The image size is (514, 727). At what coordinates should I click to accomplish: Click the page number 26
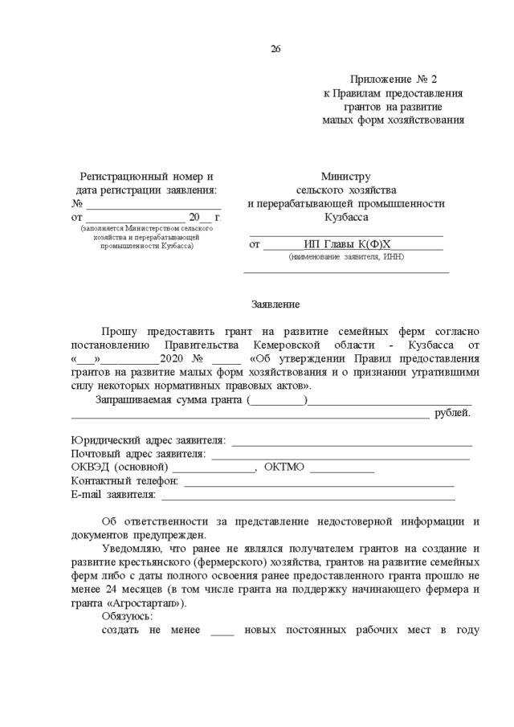click(275, 49)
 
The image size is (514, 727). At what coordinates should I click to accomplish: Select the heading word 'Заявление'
click(275, 305)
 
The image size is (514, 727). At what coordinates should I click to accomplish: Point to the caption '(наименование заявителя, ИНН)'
click(346, 257)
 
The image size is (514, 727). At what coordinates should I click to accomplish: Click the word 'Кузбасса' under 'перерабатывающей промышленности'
click(346, 218)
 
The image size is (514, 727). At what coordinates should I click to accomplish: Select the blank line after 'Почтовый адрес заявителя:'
click(341, 456)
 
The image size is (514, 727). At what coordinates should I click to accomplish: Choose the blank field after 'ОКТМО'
click(341, 470)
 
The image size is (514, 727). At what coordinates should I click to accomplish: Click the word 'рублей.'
click(452, 414)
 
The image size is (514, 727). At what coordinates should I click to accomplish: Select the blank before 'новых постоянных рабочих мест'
click(222, 631)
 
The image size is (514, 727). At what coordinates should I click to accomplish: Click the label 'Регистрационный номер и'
click(146, 177)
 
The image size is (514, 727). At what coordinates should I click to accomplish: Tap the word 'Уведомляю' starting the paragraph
click(130, 549)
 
